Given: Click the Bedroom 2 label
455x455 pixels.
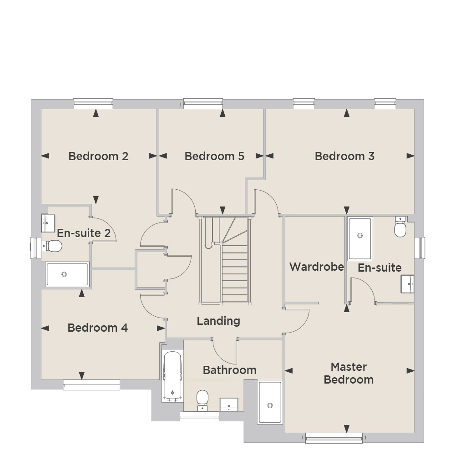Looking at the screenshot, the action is [x=98, y=156].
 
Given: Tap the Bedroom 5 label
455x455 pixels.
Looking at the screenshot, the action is [x=214, y=156].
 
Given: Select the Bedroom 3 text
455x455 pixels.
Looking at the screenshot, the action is [x=345, y=156].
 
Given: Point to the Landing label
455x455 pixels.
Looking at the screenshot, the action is [x=218, y=321].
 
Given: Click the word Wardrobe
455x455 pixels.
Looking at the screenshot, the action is [x=317, y=267].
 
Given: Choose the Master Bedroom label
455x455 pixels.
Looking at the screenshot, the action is [x=349, y=373].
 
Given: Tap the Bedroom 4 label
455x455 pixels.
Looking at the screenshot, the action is [x=98, y=328].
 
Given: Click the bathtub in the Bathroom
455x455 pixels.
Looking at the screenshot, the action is [x=172, y=376].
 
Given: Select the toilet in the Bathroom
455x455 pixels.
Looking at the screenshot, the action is [x=202, y=400].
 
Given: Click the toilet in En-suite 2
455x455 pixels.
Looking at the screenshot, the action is [x=52, y=246].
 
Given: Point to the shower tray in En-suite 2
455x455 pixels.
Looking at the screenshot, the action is [x=67, y=274].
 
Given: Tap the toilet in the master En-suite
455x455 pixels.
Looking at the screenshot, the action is [x=400, y=227].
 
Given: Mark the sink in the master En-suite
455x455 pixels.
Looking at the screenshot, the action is [x=407, y=284].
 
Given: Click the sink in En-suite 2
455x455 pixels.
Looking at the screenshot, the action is [x=48, y=223].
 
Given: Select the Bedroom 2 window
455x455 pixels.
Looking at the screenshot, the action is [x=93, y=104].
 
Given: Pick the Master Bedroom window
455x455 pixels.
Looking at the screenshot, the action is [x=334, y=438].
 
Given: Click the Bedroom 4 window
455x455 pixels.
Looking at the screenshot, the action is [x=91, y=385].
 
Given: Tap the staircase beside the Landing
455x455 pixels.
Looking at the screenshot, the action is [x=225, y=260].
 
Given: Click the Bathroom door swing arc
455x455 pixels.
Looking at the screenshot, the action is [x=222, y=356].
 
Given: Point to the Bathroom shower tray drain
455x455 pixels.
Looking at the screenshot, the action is [x=270, y=405].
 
